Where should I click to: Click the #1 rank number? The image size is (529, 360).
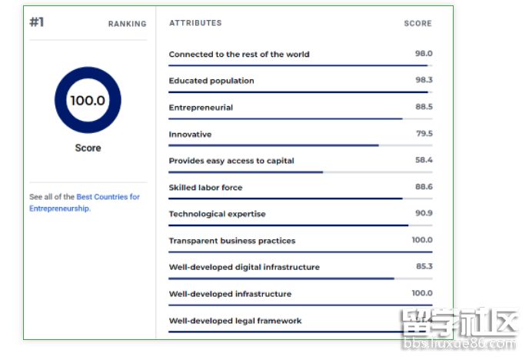tap(37, 22)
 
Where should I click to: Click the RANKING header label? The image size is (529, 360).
tap(127, 24)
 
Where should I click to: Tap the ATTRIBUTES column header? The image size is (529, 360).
tap(195, 23)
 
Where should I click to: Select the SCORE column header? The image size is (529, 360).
tap(418, 24)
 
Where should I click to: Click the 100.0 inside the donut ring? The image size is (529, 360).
tap(88, 100)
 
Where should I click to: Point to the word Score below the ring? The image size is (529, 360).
tap(88, 148)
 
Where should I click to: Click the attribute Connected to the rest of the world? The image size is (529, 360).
tap(239, 55)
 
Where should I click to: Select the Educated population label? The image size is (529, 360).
tap(211, 81)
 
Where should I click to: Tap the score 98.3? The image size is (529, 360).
tap(424, 80)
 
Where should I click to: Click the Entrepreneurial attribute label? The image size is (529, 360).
tap(201, 108)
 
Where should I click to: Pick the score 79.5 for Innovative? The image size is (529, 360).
tap(424, 133)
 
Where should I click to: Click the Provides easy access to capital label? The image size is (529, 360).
tap(231, 161)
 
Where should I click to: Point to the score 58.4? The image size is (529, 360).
tap(424, 160)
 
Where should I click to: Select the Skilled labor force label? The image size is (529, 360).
tap(205, 188)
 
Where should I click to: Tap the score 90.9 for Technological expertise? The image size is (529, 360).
tap(424, 213)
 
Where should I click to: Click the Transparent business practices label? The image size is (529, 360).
tap(232, 241)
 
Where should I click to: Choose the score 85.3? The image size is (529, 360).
tap(424, 266)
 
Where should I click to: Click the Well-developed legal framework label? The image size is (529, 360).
tap(235, 321)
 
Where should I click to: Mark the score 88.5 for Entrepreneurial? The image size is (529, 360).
tap(424, 107)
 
